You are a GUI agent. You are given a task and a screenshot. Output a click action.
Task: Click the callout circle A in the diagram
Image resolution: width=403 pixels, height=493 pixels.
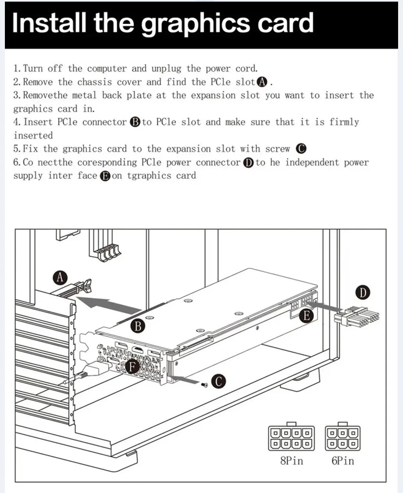(60, 278)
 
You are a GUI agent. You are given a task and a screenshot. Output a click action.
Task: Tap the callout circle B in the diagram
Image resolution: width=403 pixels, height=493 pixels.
(138, 326)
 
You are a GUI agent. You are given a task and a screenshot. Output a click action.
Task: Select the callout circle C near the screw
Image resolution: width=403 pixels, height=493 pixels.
(219, 381)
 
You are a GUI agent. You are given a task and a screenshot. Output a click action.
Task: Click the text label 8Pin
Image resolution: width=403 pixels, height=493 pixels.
(291, 461)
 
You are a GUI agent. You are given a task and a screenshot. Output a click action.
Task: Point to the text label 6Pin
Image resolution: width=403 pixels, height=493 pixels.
(343, 461)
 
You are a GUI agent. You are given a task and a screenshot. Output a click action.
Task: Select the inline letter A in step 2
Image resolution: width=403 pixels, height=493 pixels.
(263, 82)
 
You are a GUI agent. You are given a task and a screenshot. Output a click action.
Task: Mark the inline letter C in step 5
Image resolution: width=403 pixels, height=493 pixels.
(301, 149)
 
